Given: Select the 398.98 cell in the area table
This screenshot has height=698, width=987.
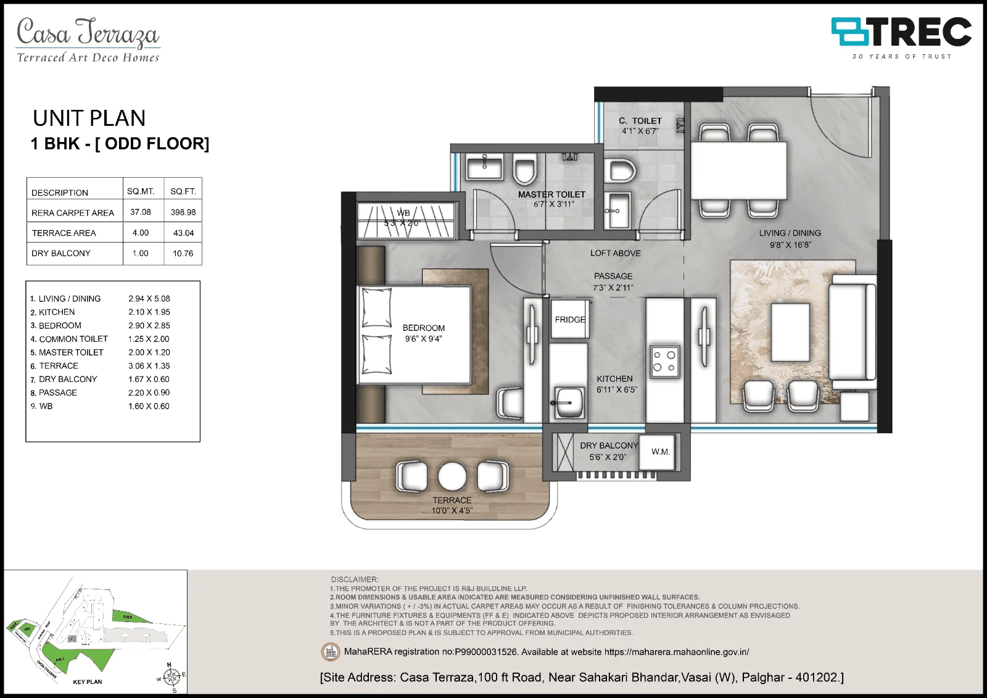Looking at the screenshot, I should [x=183, y=212].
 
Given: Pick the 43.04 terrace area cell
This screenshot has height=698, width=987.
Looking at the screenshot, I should [x=183, y=233].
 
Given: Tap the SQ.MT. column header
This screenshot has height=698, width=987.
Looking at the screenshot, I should [x=141, y=191].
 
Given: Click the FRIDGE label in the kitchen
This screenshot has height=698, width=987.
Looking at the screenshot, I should [x=570, y=320].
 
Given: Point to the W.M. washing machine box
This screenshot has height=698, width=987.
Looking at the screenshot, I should [x=660, y=452].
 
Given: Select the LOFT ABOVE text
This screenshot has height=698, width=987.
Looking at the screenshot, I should [x=615, y=253].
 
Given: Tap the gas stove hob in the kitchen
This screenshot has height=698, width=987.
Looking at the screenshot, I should [x=664, y=362].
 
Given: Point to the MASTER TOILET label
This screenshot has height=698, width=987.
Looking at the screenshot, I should [x=551, y=194].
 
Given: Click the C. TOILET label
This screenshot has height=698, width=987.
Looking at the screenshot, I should [x=640, y=121].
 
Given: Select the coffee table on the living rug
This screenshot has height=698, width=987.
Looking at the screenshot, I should [x=790, y=332].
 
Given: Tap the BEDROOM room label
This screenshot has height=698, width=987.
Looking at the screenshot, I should [x=423, y=328].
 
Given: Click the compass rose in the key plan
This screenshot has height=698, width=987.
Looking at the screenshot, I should [x=173, y=677].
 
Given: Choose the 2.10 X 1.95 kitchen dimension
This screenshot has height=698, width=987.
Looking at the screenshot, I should [x=149, y=312].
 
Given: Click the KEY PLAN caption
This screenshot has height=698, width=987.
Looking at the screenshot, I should [x=88, y=682].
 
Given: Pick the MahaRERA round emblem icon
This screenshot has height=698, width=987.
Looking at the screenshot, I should [x=331, y=652].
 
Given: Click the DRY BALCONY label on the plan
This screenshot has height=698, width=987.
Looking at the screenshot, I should [x=608, y=446].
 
